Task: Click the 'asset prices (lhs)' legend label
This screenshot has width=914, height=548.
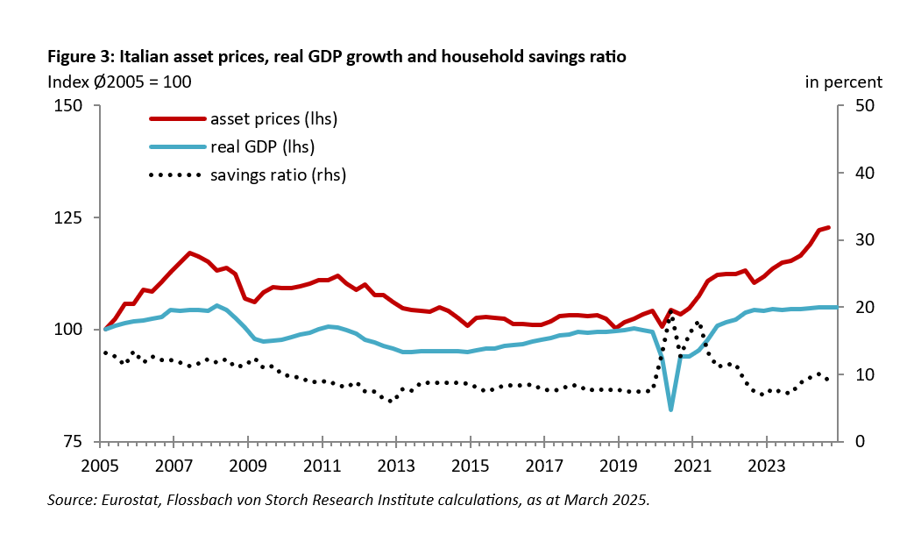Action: (x=273, y=118)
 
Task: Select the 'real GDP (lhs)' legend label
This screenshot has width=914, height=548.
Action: (x=262, y=146)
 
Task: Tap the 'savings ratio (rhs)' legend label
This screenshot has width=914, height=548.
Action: (x=278, y=174)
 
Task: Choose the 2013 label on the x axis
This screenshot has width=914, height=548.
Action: (x=396, y=465)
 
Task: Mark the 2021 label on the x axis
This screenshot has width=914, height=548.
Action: (x=692, y=465)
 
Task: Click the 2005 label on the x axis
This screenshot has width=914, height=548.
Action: (x=101, y=465)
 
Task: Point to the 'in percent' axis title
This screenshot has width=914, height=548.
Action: (x=843, y=82)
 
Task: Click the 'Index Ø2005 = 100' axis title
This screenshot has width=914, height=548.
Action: (x=118, y=82)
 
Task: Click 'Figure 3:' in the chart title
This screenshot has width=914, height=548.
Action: (x=81, y=57)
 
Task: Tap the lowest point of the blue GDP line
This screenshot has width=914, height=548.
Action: (x=671, y=409)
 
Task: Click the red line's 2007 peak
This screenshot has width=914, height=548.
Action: (x=190, y=253)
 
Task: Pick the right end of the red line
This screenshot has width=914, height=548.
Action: (x=828, y=227)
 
